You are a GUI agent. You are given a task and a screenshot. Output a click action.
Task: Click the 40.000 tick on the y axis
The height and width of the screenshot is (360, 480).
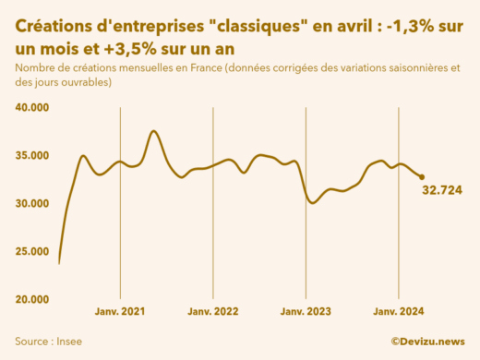point(31,108)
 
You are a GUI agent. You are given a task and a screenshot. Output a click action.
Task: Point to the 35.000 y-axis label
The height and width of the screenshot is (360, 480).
point(31,156)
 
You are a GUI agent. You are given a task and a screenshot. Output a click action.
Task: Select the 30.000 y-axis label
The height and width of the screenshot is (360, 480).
point(31,204)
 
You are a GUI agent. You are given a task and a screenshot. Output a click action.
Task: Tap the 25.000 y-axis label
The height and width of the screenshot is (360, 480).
point(31,252)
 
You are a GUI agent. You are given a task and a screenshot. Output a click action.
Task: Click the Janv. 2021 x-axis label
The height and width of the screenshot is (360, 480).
point(120,313)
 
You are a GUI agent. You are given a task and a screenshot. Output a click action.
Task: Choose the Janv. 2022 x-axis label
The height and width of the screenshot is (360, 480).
point(213,313)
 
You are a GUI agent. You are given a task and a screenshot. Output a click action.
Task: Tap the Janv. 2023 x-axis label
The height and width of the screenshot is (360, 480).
point(306,313)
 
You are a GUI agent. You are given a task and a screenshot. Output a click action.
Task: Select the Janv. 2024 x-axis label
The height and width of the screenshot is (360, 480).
point(398,313)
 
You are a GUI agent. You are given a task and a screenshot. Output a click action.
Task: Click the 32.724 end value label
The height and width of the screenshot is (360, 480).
point(442,190)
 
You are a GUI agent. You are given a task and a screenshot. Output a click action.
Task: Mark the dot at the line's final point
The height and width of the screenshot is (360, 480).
point(422,177)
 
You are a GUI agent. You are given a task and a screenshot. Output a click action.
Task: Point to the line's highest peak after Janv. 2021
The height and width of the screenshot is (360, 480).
point(153,132)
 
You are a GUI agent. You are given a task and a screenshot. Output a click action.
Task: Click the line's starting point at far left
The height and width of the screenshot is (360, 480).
point(59,263)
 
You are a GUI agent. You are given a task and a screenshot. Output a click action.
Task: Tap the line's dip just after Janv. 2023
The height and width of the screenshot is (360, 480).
point(313,202)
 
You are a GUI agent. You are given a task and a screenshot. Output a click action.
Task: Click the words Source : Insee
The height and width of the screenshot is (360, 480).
point(48,341)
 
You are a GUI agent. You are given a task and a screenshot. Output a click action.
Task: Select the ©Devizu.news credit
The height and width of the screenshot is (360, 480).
point(427,341)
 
